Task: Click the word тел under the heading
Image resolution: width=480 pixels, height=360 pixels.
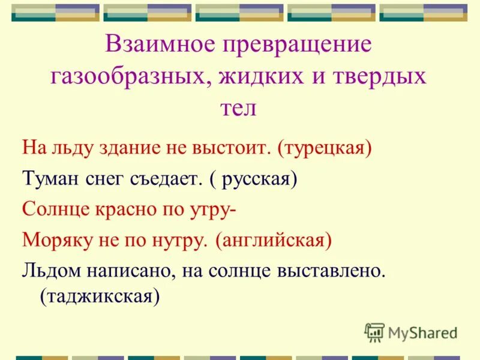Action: coord(240,109)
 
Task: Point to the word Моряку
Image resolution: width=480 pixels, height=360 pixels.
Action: coord(55,241)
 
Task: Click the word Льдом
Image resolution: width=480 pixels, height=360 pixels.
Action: coord(50,271)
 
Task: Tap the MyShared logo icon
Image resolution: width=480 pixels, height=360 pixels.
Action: coord(374,331)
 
